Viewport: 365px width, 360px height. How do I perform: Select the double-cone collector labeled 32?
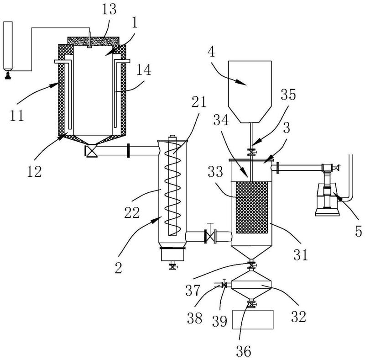coord(251,288)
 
